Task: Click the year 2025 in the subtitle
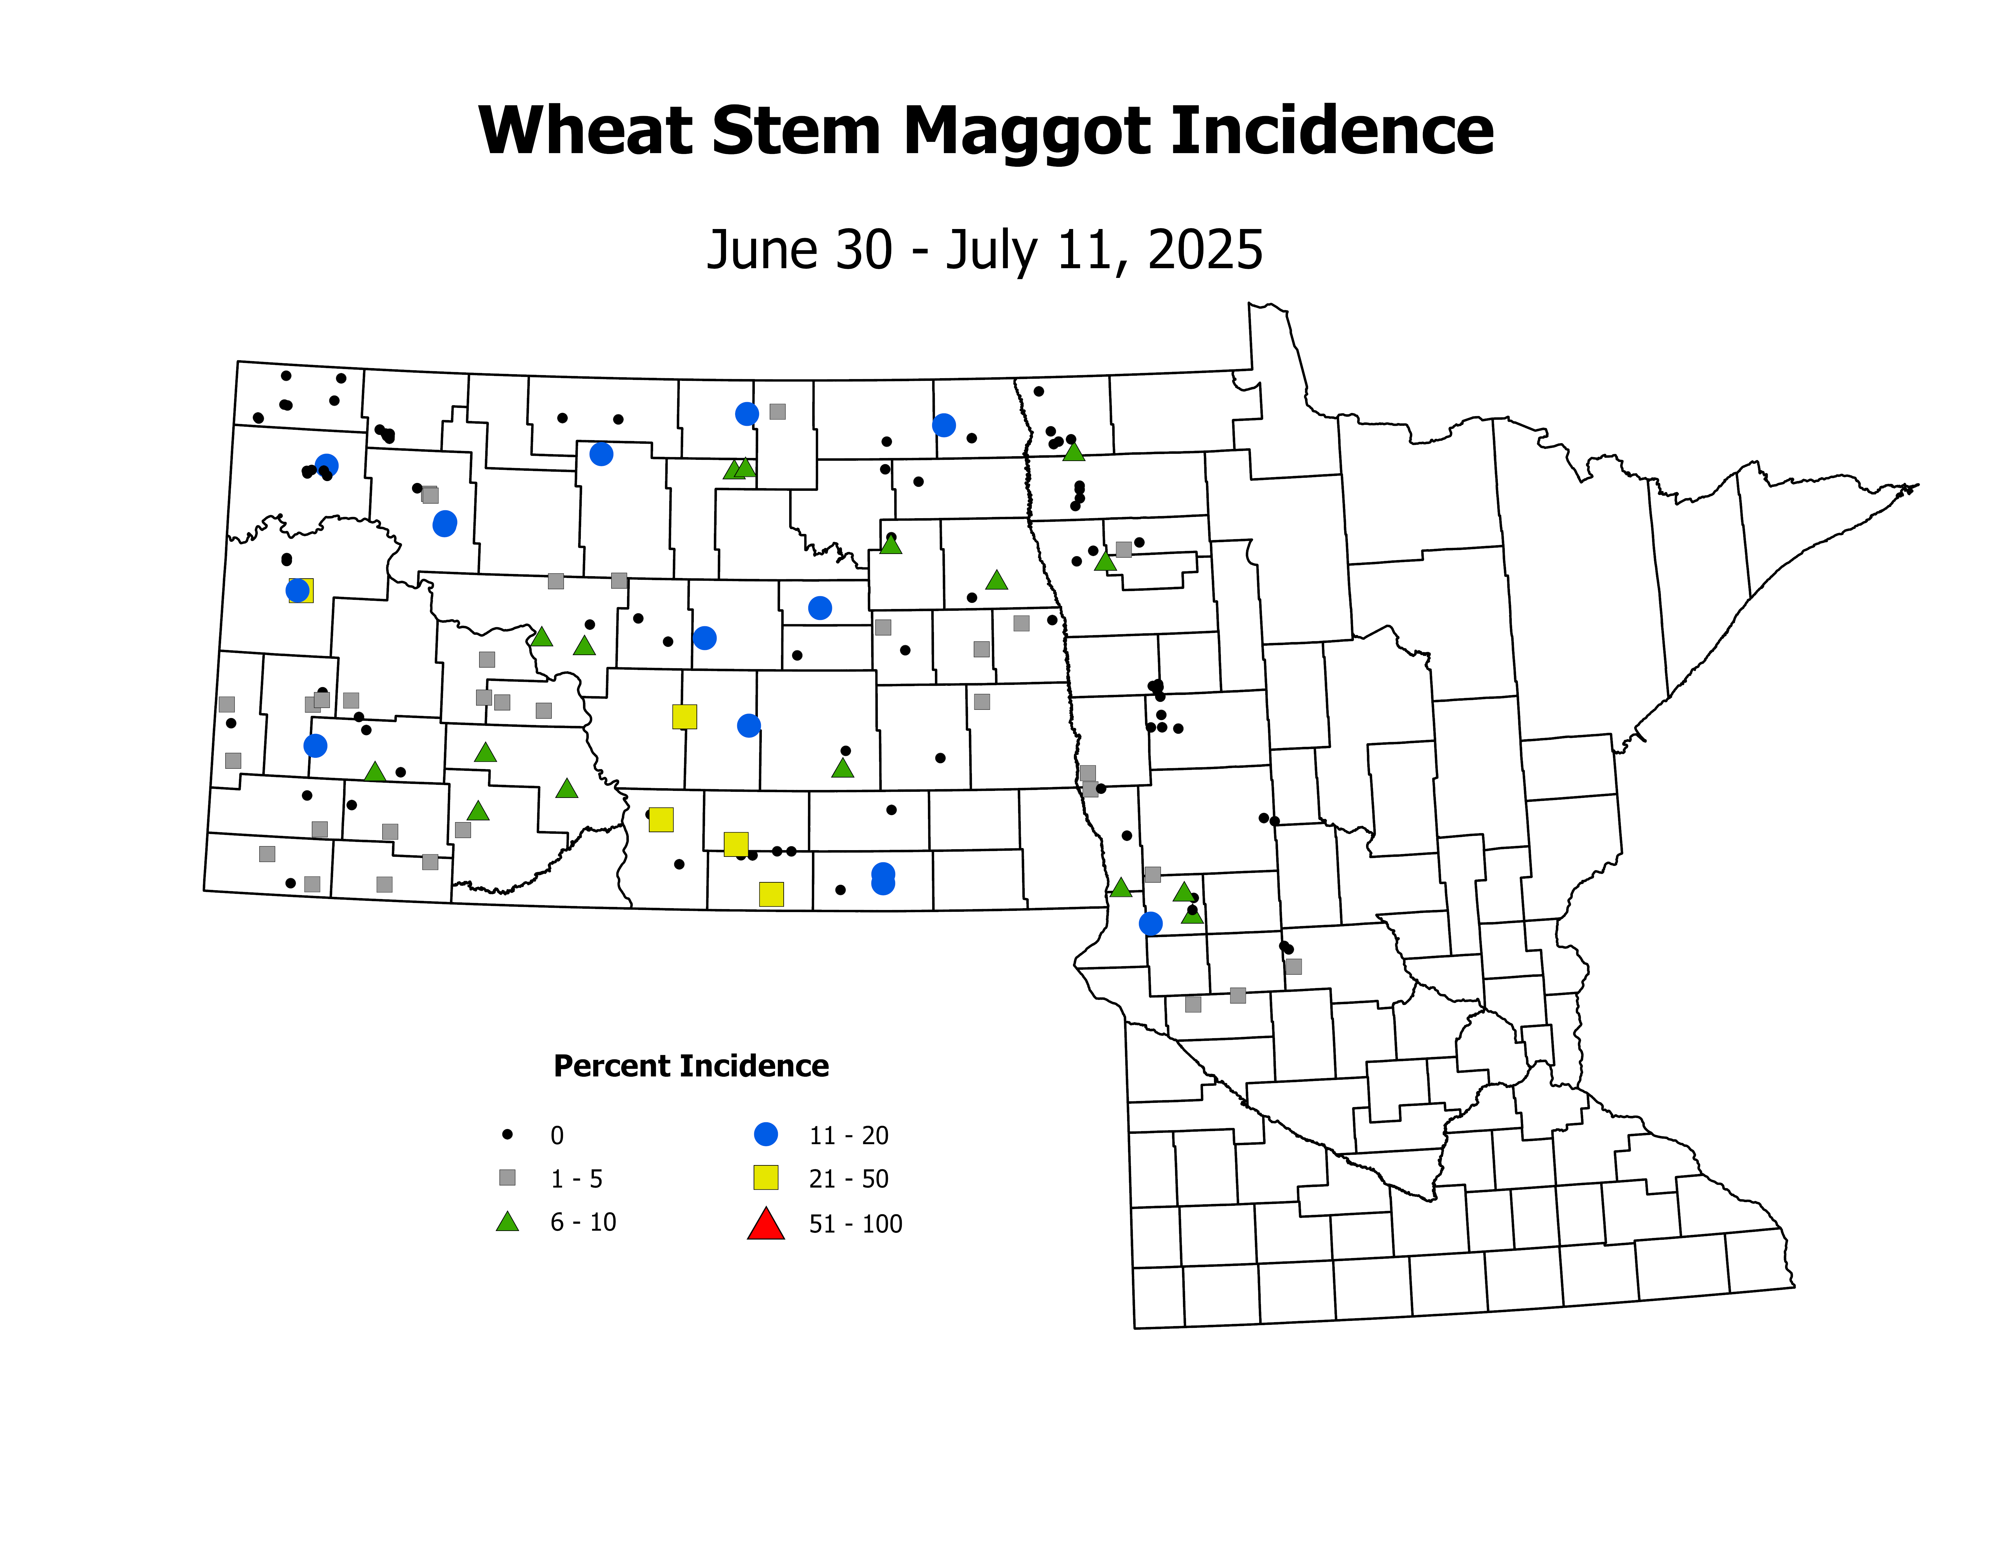click(1205, 250)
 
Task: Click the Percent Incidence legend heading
click(691, 1066)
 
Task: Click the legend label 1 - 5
click(576, 1179)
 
